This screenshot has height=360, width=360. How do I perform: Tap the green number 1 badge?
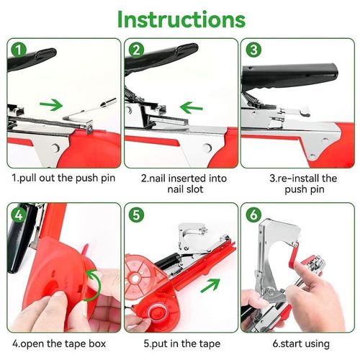[x=19, y=50]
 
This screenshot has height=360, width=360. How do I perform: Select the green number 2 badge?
[x=137, y=50]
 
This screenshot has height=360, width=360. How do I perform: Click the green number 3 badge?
[x=253, y=50]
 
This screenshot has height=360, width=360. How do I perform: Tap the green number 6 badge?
[x=253, y=215]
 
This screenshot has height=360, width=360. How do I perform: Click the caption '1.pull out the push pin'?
[x=61, y=177]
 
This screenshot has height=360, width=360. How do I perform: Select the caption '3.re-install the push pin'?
[x=297, y=183]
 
